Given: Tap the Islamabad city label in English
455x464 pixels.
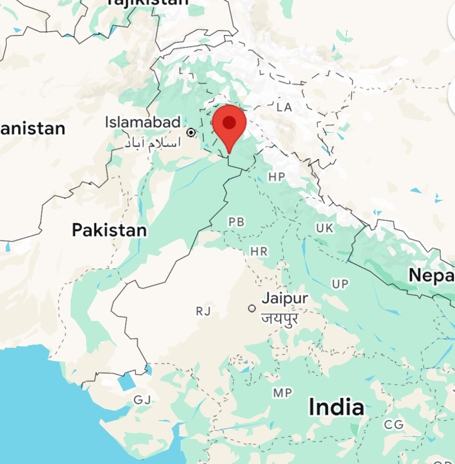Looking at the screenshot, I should click(143, 122).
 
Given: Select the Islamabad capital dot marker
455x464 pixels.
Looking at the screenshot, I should click(191, 132).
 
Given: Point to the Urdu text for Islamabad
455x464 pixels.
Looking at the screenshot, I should click(152, 143).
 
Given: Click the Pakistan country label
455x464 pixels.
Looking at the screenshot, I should click(109, 230).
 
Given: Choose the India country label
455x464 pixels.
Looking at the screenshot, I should click(336, 407).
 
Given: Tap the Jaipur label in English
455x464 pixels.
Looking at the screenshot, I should click(285, 299).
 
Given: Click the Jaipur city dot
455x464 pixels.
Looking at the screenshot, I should click(252, 308).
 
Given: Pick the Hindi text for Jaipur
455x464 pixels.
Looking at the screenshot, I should click(280, 318).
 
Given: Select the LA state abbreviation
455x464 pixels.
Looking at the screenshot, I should click(285, 107).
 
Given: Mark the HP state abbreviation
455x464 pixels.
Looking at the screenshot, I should click(276, 177).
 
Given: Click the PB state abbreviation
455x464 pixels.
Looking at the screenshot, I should click(237, 222).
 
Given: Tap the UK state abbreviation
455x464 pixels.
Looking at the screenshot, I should click(324, 228).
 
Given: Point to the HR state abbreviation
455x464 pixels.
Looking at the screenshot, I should click(259, 251).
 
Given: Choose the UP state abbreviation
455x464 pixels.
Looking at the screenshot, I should click(340, 284).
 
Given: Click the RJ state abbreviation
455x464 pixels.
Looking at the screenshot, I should click(203, 311).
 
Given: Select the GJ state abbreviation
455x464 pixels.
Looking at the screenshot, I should click(142, 400).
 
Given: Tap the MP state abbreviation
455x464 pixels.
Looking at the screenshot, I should click(282, 393).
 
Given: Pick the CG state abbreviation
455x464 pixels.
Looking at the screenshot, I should click(393, 425).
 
